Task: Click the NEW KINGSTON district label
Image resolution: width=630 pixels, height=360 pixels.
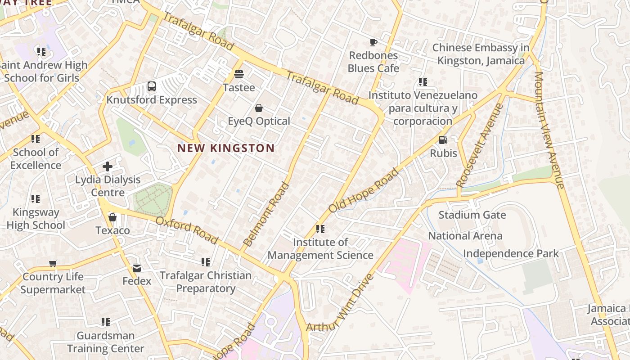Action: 226,148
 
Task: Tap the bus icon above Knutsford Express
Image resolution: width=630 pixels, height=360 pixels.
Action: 152,86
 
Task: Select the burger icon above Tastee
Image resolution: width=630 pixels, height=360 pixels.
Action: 239,74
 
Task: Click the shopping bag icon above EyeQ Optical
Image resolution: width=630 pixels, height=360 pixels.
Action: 259,108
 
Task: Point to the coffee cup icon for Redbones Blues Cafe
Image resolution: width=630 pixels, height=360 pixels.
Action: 373,43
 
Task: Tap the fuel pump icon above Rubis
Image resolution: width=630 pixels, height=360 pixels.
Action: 443,140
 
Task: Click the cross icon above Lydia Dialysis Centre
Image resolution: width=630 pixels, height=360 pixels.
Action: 108,166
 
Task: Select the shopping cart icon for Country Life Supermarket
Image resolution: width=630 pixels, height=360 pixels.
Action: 53,263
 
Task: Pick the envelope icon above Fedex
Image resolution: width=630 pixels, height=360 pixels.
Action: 136,268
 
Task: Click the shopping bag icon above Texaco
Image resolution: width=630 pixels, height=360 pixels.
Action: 112,217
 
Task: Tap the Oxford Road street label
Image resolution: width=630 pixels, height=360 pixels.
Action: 187,230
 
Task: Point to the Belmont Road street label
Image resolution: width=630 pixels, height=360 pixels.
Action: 266,214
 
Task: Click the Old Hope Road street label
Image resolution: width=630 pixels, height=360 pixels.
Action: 364,190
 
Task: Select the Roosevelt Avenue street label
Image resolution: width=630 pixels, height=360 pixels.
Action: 480,145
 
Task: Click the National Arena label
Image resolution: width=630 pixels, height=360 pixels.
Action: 465,236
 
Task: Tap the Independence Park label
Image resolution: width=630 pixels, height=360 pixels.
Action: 511,253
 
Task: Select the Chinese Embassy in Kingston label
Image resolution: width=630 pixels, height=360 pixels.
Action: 481,54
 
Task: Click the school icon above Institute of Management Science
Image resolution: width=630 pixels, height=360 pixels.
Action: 320,229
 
